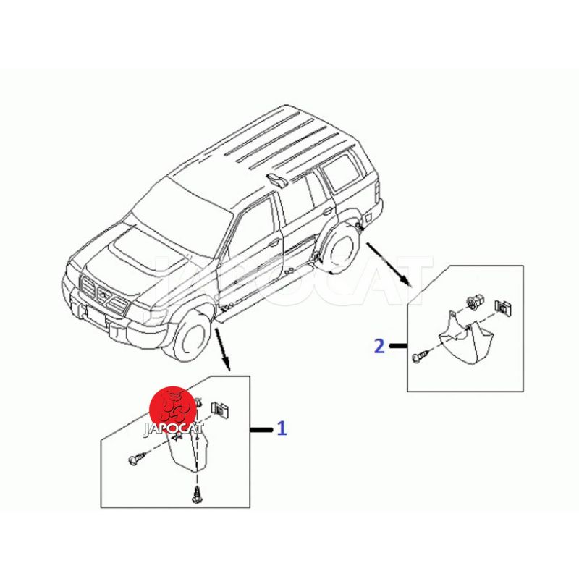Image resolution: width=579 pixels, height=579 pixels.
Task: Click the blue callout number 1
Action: (282, 428)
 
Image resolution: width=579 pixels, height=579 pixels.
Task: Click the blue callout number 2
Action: (379, 346)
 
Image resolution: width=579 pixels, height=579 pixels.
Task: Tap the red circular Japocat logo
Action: (173, 410)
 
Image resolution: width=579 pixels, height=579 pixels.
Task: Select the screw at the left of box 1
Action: (137, 459)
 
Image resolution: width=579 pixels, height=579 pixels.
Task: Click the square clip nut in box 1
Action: (220, 409)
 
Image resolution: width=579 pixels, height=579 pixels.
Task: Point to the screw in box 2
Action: (421, 357)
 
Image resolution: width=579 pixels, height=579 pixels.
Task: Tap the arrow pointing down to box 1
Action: (223, 349)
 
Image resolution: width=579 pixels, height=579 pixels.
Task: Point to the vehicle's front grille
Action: (104, 295)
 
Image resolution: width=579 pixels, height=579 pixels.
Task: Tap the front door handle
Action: (274, 243)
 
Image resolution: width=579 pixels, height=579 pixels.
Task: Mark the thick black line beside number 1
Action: (261, 429)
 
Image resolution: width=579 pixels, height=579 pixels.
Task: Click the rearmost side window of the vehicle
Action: (342, 172)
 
